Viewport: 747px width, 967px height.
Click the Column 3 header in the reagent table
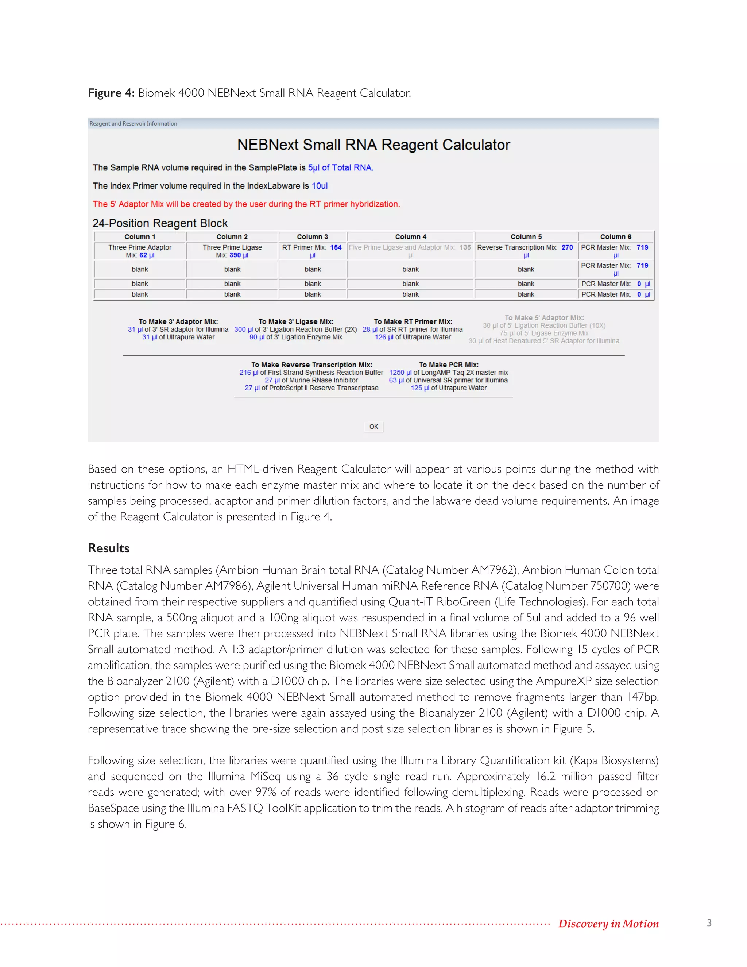point(313,237)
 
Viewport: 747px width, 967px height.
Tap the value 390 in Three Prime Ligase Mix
point(235,255)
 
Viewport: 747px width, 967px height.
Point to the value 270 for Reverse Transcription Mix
point(567,247)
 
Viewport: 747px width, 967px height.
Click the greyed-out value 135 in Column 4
point(465,247)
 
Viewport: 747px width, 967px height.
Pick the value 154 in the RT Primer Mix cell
point(336,247)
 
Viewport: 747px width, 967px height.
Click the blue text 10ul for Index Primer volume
point(320,186)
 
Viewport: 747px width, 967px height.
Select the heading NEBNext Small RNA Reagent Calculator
point(373,145)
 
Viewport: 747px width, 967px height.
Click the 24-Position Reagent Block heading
point(160,223)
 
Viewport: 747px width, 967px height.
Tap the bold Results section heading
point(108,548)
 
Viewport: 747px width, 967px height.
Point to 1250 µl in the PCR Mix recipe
point(400,372)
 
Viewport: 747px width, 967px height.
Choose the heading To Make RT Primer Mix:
point(413,321)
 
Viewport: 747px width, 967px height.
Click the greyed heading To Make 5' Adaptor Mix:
point(544,317)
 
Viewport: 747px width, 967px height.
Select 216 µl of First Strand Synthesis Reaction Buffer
point(311,372)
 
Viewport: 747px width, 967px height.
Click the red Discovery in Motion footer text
point(608,923)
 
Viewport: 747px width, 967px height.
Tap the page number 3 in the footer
point(709,923)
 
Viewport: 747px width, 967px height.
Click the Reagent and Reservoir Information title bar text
point(133,124)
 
